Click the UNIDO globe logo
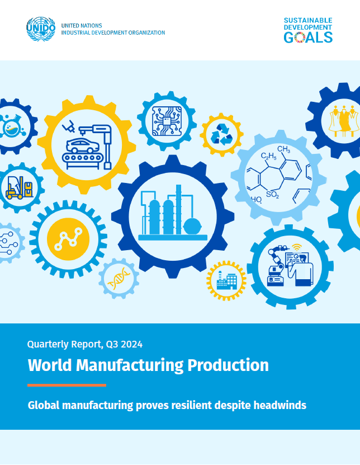tap(41, 29)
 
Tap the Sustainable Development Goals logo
tap(308, 30)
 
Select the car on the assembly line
tap(83, 145)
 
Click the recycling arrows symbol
tap(221, 134)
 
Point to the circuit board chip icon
tap(167, 121)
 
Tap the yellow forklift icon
tap(15, 187)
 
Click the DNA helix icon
tap(119, 278)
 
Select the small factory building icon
tap(226, 280)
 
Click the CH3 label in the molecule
tap(283, 149)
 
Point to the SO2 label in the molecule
tap(273, 195)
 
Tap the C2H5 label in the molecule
tap(268, 156)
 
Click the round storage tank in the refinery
tap(192, 226)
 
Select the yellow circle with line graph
tap(68, 239)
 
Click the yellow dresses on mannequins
tap(344, 121)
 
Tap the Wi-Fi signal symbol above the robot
tap(297, 247)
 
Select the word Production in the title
tap(228, 365)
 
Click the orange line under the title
tap(67, 385)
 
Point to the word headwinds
tap(280, 405)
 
